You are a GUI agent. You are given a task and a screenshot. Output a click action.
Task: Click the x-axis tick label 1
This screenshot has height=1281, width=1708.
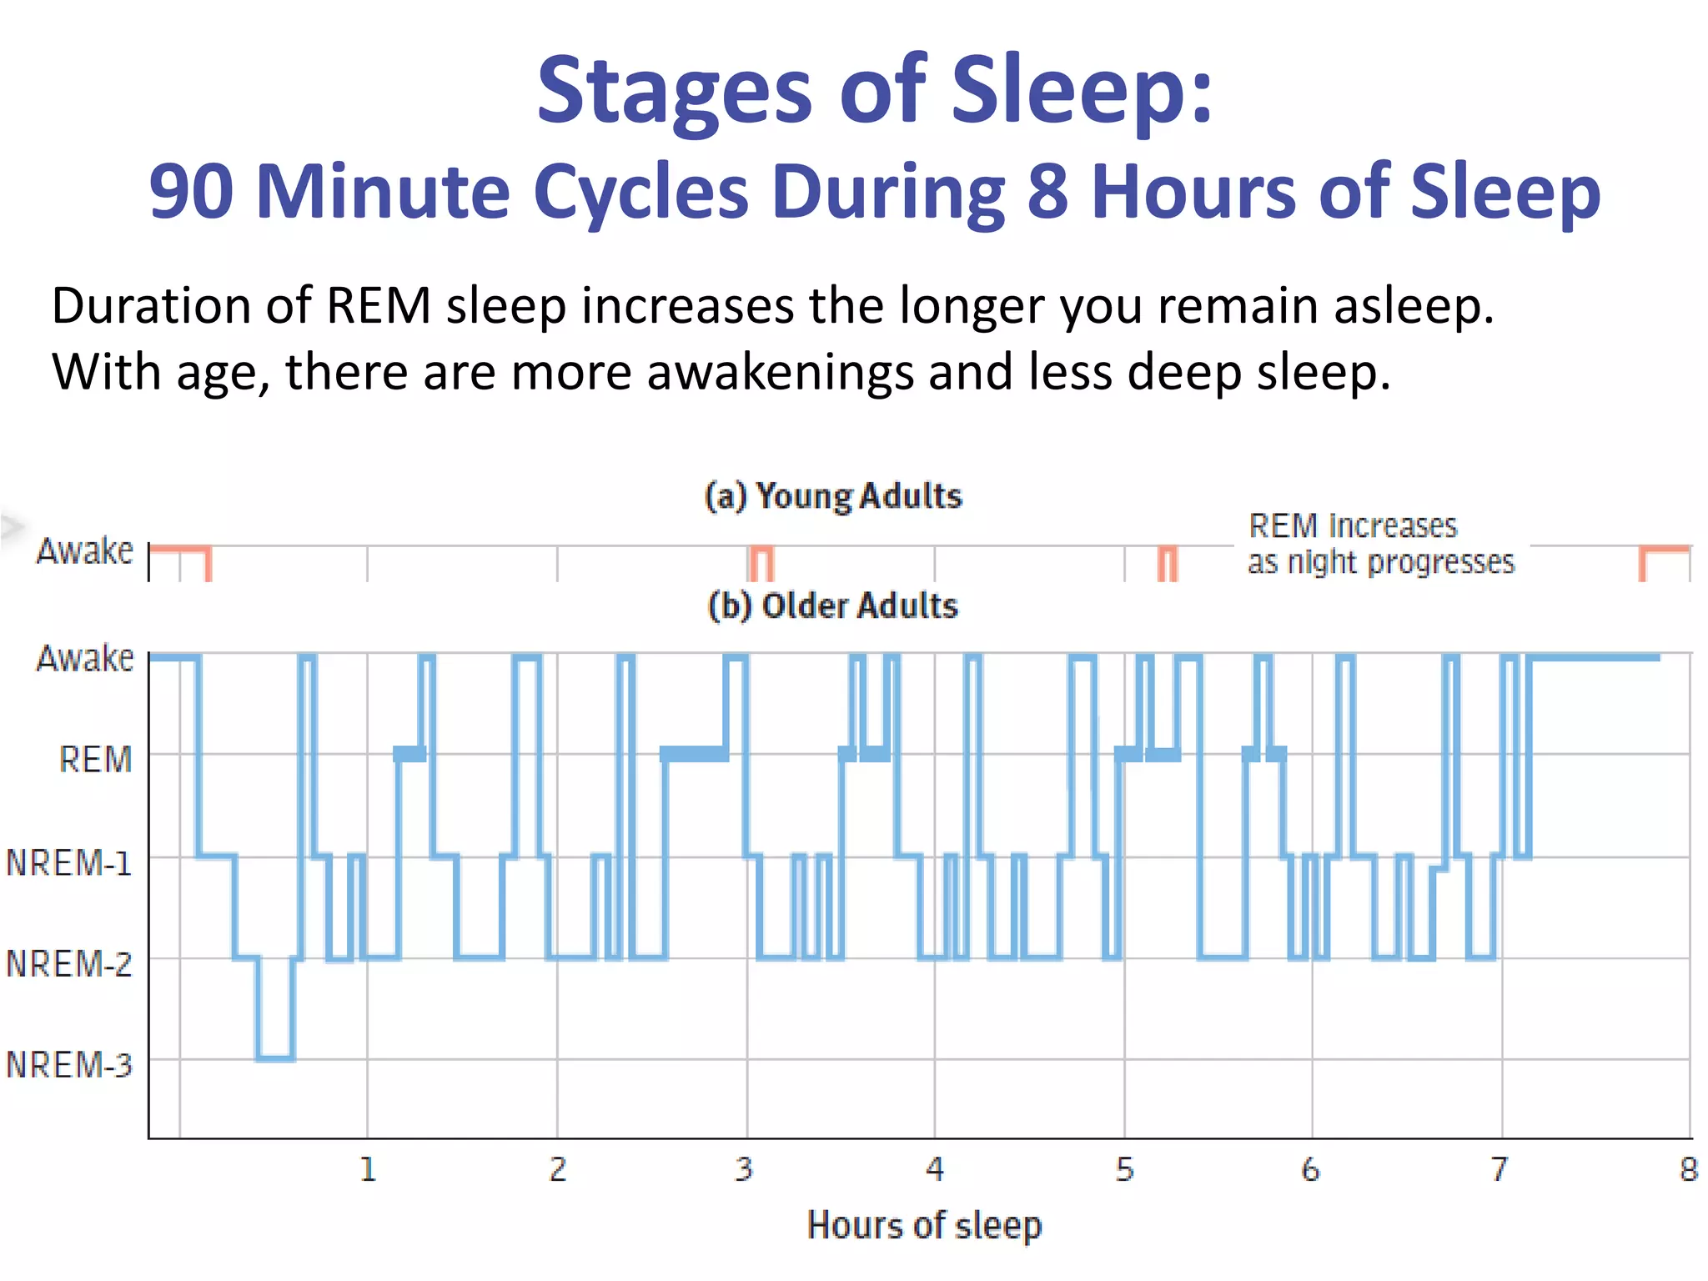click(368, 1169)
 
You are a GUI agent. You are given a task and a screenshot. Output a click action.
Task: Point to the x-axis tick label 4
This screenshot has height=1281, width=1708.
click(935, 1169)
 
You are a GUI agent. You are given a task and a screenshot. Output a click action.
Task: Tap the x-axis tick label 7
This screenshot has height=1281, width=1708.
click(1500, 1169)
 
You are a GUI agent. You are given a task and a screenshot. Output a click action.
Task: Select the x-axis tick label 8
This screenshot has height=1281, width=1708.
click(1689, 1169)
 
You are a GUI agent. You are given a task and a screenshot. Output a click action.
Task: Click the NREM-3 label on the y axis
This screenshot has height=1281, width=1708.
click(69, 1065)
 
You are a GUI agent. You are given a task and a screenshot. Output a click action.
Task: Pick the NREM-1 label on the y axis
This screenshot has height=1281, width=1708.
click(69, 862)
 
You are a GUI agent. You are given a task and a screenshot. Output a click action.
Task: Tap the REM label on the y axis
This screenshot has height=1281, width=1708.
click(95, 760)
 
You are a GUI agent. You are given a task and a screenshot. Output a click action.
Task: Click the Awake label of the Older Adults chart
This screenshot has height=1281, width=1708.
click(84, 658)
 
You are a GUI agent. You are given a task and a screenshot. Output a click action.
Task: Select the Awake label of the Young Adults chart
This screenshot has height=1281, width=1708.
click(84, 550)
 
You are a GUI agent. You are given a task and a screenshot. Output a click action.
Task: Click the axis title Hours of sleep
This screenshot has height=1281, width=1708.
click(924, 1225)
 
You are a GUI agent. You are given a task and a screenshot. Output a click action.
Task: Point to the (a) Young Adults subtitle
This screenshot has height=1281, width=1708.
click(833, 496)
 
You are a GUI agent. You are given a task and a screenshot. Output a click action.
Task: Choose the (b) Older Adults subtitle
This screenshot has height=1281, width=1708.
click(833, 605)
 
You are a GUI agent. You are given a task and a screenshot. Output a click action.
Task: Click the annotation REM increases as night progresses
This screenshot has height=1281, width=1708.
click(1380, 544)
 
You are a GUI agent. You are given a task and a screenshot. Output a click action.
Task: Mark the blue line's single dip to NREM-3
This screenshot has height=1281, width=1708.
click(275, 1058)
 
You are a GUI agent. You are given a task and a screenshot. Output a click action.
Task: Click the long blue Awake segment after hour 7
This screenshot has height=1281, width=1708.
click(1593, 658)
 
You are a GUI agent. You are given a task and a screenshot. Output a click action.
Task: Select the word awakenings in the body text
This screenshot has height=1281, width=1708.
click(780, 372)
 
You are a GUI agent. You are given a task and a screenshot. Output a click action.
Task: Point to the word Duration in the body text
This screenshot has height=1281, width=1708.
click(151, 306)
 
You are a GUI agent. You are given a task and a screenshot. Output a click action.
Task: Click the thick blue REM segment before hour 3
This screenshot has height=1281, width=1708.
click(694, 754)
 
